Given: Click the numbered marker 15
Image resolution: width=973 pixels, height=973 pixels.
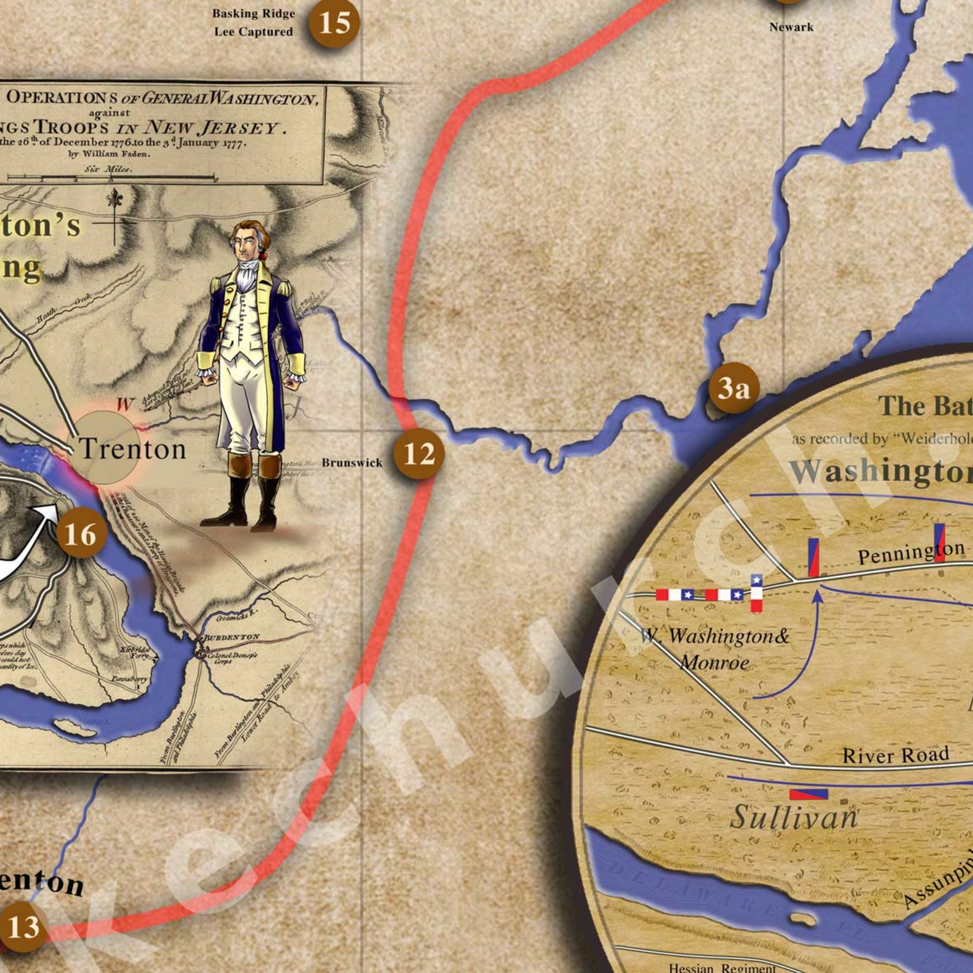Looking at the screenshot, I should tap(334, 22).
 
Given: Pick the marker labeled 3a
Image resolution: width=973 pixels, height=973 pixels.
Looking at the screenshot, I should tap(733, 388).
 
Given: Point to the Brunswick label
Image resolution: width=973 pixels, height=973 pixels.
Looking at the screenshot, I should tap(352, 463).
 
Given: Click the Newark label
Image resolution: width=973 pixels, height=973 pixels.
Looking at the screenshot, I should tap(791, 27).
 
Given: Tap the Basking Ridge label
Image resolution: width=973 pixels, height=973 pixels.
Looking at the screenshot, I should tap(253, 14).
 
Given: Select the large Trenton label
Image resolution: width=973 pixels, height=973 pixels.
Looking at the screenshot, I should tap(133, 449).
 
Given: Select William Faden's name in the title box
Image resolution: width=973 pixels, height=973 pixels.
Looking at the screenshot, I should tap(110, 154).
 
